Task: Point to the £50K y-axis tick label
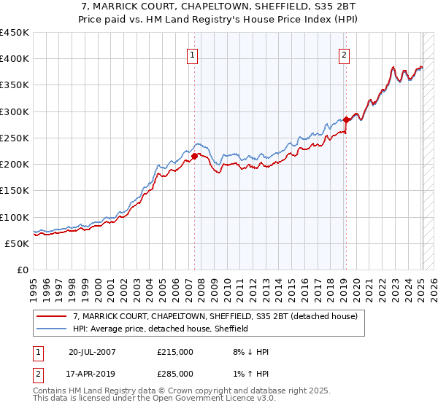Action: point(16,243)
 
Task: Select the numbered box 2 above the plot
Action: point(343,54)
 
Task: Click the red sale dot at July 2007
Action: point(195,156)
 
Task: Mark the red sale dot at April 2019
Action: point(346,119)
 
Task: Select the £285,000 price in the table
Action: point(175,373)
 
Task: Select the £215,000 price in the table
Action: point(175,352)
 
